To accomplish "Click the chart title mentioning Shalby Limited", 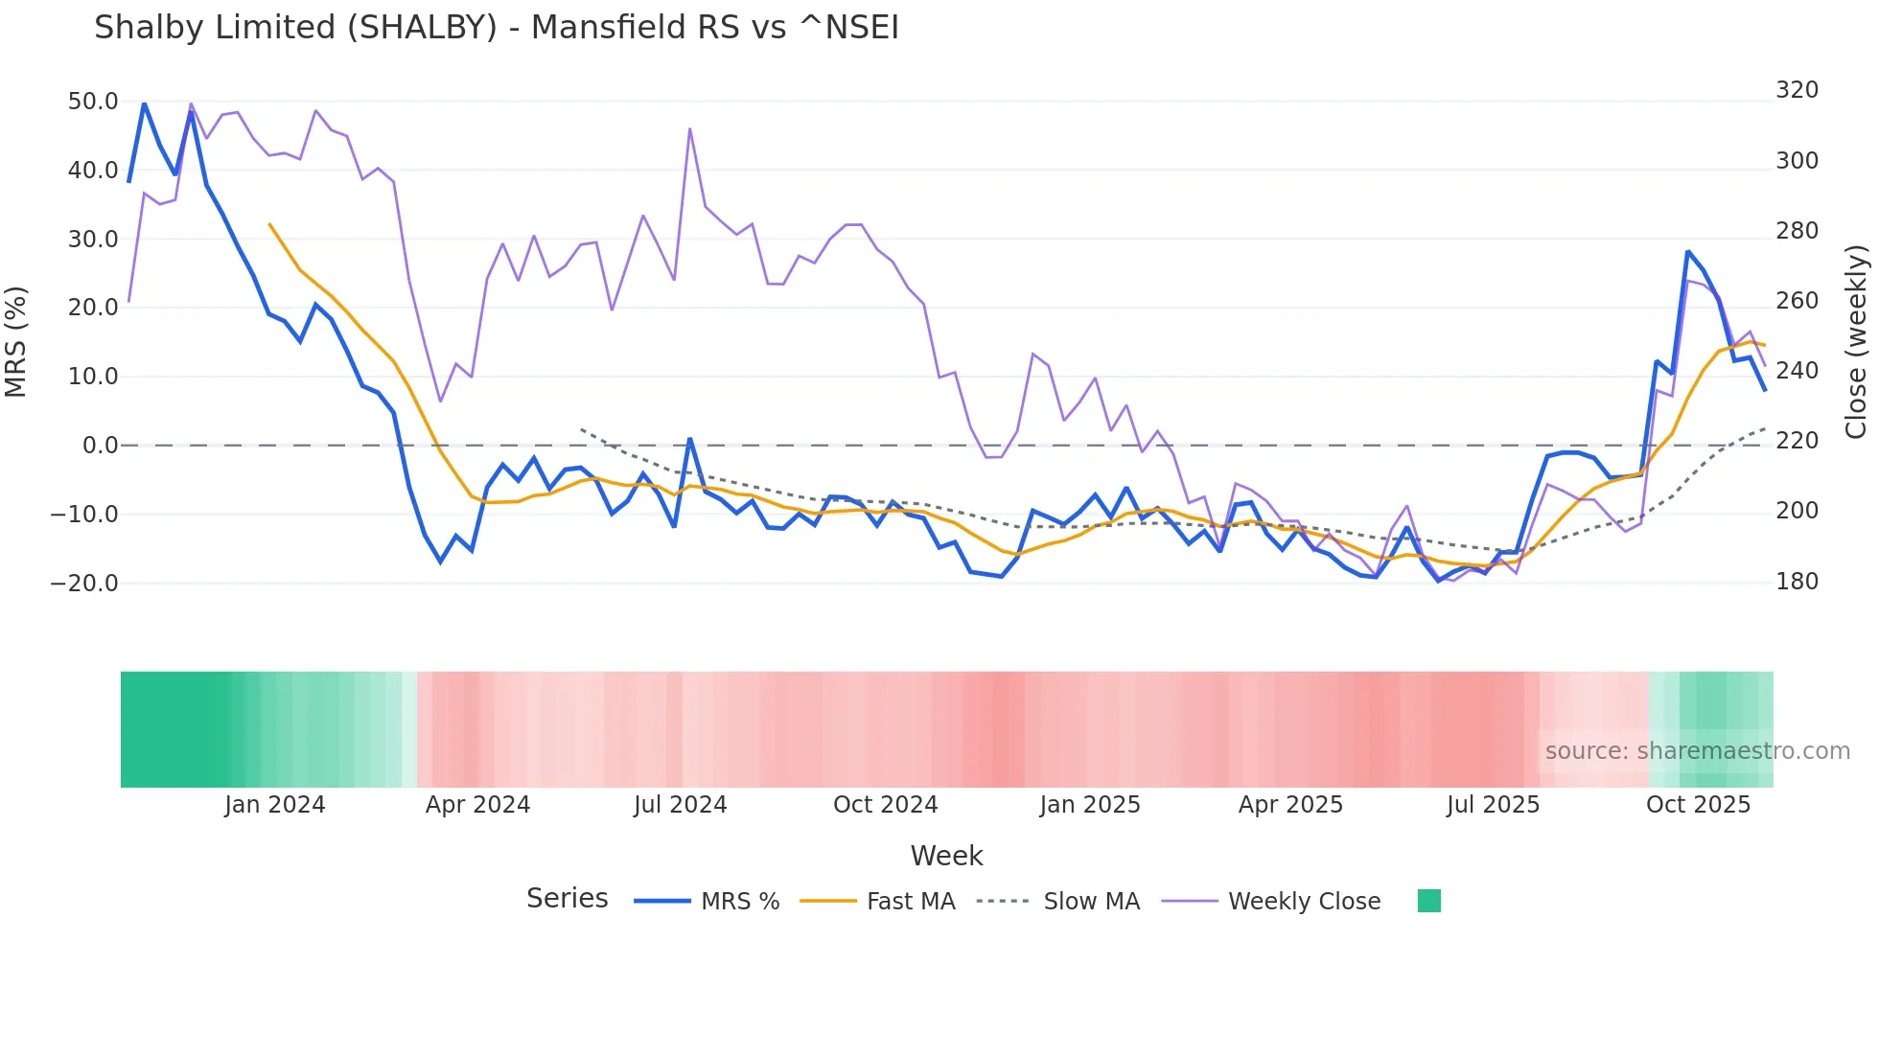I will (x=497, y=28).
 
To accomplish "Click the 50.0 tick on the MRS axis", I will (x=93, y=102).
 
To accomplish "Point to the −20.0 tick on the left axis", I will (x=84, y=583).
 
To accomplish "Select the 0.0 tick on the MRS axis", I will (x=101, y=446).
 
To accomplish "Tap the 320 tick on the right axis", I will (x=1797, y=90).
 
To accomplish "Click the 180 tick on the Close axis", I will (x=1797, y=582).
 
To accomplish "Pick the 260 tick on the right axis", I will (x=1797, y=301).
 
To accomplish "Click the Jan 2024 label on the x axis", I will (x=275, y=805).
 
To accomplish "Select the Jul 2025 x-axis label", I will (x=1493, y=805).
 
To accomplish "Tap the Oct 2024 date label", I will (x=885, y=805).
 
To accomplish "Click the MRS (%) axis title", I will (x=16, y=342).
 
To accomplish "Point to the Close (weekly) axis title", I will (x=1857, y=342).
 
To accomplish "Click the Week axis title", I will (x=946, y=856).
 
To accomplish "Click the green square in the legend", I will (x=1428, y=901).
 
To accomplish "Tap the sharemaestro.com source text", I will (x=1697, y=751).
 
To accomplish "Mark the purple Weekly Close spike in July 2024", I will (x=690, y=129).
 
